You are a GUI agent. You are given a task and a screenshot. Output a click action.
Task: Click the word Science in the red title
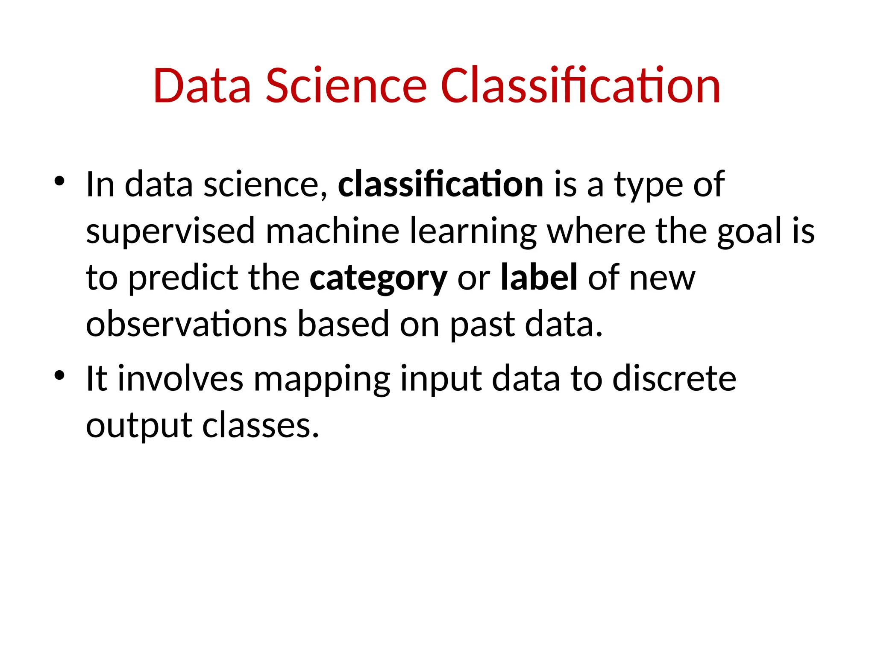[x=346, y=86]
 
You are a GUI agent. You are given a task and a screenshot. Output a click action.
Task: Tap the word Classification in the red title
[x=580, y=86]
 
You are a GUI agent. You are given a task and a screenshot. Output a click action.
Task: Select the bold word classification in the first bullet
[x=440, y=184]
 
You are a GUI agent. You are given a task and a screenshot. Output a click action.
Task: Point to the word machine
[x=332, y=231]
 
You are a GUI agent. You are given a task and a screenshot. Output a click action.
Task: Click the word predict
[x=183, y=278]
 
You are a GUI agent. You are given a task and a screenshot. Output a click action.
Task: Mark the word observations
[x=186, y=325]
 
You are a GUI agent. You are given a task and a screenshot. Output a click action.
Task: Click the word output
[x=139, y=426]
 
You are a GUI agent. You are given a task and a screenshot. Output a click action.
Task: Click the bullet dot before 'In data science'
[x=59, y=182]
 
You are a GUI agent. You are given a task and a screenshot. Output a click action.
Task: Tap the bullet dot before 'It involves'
[x=59, y=375]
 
